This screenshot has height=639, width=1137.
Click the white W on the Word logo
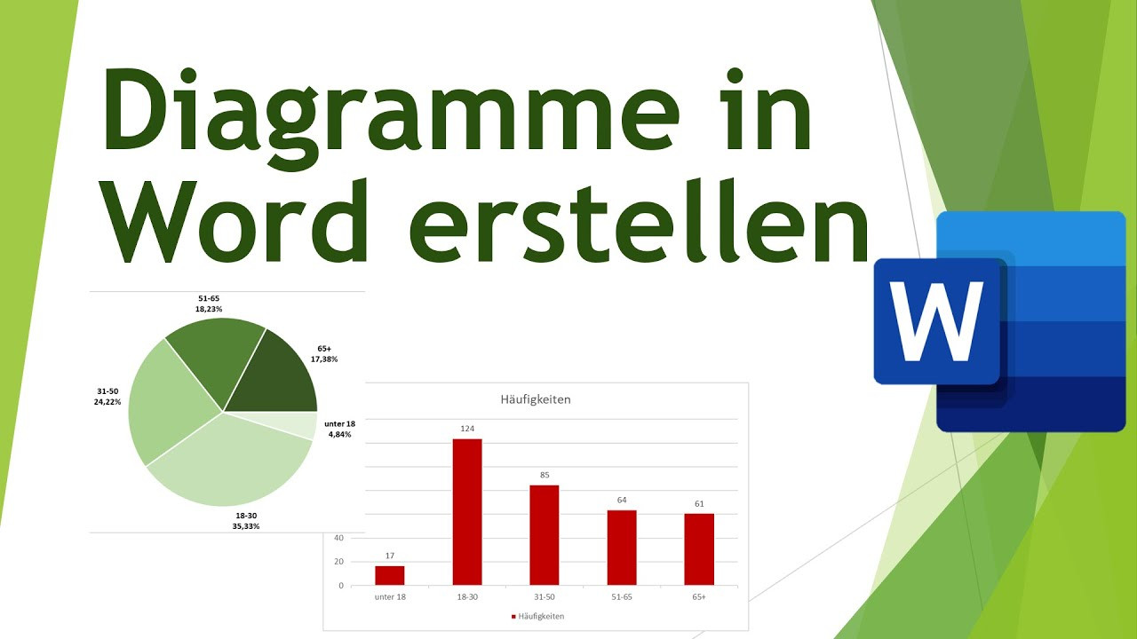point(938,320)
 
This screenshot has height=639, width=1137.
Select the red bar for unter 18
point(390,575)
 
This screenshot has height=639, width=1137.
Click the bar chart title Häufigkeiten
point(536,399)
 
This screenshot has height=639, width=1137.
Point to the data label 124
point(467,429)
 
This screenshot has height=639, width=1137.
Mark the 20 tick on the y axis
point(338,562)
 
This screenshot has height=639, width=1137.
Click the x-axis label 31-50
point(545,597)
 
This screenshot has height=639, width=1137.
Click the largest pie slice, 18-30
point(231,461)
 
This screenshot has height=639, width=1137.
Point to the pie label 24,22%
point(108,402)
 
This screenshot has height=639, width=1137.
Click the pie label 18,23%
point(209,309)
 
